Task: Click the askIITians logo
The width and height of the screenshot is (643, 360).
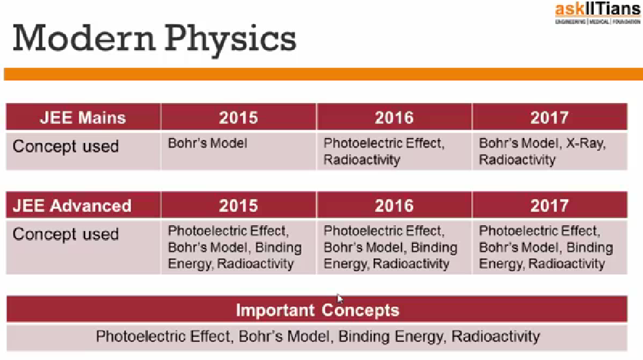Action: coord(598,13)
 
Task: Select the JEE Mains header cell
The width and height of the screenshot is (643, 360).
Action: coord(83,117)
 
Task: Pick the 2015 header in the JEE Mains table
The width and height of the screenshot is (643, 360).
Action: coord(238,117)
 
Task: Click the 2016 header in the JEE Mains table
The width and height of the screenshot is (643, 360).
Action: coord(394,117)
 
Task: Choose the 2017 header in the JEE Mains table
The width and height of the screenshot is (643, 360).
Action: coord(549,117)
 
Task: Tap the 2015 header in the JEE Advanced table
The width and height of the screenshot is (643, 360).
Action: coord(238,206)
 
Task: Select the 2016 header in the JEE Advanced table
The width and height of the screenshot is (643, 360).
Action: coord(394,206)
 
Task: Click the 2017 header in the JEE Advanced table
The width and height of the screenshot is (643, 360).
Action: coord(549,206)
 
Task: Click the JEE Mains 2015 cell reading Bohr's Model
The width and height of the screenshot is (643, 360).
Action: coord(207,143)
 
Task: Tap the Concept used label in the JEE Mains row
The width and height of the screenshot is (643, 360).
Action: coord(66,146)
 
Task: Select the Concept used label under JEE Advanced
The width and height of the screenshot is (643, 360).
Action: coord(66,234)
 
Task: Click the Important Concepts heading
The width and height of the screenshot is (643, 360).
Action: coord(317,310)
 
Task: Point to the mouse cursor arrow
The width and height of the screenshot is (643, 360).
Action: coord(340,299)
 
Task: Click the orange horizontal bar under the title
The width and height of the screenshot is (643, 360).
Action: coord(323,74)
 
